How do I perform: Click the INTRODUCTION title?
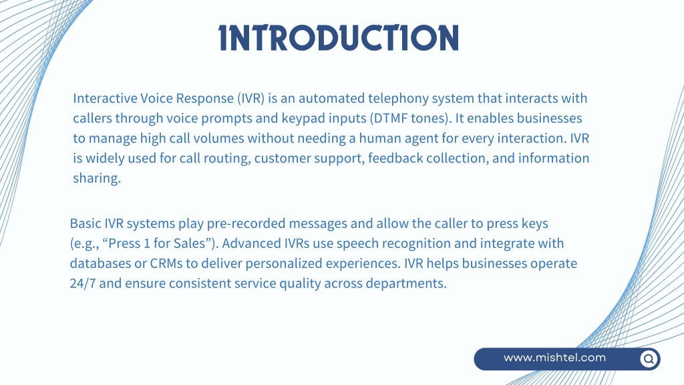pyautogui.click(x=339, y=37)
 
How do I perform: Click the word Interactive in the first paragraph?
pyautogui.click(x=105, y=98)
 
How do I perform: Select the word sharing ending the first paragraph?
pyautogui.click(x=96, y=178)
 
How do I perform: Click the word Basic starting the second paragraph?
pyautogui.click(x=85, y=223)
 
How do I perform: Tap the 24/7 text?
pyautogui.click(x=82, y=283)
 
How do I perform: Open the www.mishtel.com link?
pyautogui.click(x=554, y=358)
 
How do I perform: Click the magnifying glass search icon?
pyautogui.click(x=649, y=359)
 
